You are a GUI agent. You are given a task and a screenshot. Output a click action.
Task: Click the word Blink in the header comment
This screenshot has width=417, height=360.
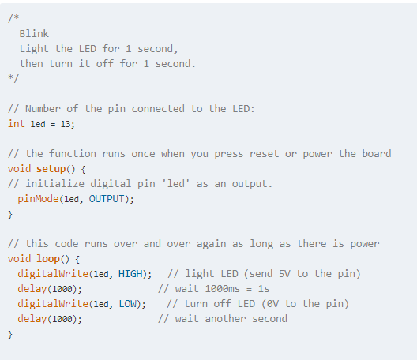pyautogui.click(x=34, y=34)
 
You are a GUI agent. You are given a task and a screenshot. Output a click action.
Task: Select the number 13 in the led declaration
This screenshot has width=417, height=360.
pyautogui.click(x=66, y=124)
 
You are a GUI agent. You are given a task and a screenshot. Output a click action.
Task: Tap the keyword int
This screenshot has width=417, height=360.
pyautogui.click(x=17, y=124)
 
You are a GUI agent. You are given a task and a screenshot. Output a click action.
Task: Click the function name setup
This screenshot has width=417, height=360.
pyautogui.click(x=51, y=169)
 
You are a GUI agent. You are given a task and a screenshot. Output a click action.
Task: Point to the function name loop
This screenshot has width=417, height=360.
pyautogui.click(x=48, y=259)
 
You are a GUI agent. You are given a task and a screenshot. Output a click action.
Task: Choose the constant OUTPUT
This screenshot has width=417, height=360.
pyautogui.click(x=107, y=199)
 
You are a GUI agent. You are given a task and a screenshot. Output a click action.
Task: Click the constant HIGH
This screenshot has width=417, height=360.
pyautogui.click(x=130, y=274)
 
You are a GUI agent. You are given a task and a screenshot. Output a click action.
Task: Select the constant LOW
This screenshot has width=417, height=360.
pyautogui.click(x=128, y=304)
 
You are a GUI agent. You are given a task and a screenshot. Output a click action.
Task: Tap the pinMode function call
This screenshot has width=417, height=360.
pyautogui.click(x=38, y=199)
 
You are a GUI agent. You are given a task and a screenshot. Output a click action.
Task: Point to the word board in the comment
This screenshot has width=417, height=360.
pyautogui.click(x=377, y=153)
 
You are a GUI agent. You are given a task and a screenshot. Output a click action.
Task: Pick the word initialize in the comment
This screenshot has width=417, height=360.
pyautogui.click(x=54, y=184)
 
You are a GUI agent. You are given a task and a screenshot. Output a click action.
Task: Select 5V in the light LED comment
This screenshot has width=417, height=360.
pyautogui.click(x=284, y=274)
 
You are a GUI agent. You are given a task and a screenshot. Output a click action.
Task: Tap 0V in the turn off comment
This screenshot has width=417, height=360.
pyautogui.click(x=272, y=304)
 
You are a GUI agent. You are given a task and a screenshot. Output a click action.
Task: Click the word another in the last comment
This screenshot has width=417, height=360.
pyautogui.click(x=225, y=318)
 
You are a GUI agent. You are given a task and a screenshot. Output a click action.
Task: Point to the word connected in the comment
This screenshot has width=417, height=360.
pyautogui.click(x=158, y=109)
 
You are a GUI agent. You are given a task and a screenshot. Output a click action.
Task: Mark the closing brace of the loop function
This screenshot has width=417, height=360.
pyautogui.click(x=10, y=334)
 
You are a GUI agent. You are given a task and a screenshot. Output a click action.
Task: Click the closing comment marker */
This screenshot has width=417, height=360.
pyautogui.click(x=13, y=78)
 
